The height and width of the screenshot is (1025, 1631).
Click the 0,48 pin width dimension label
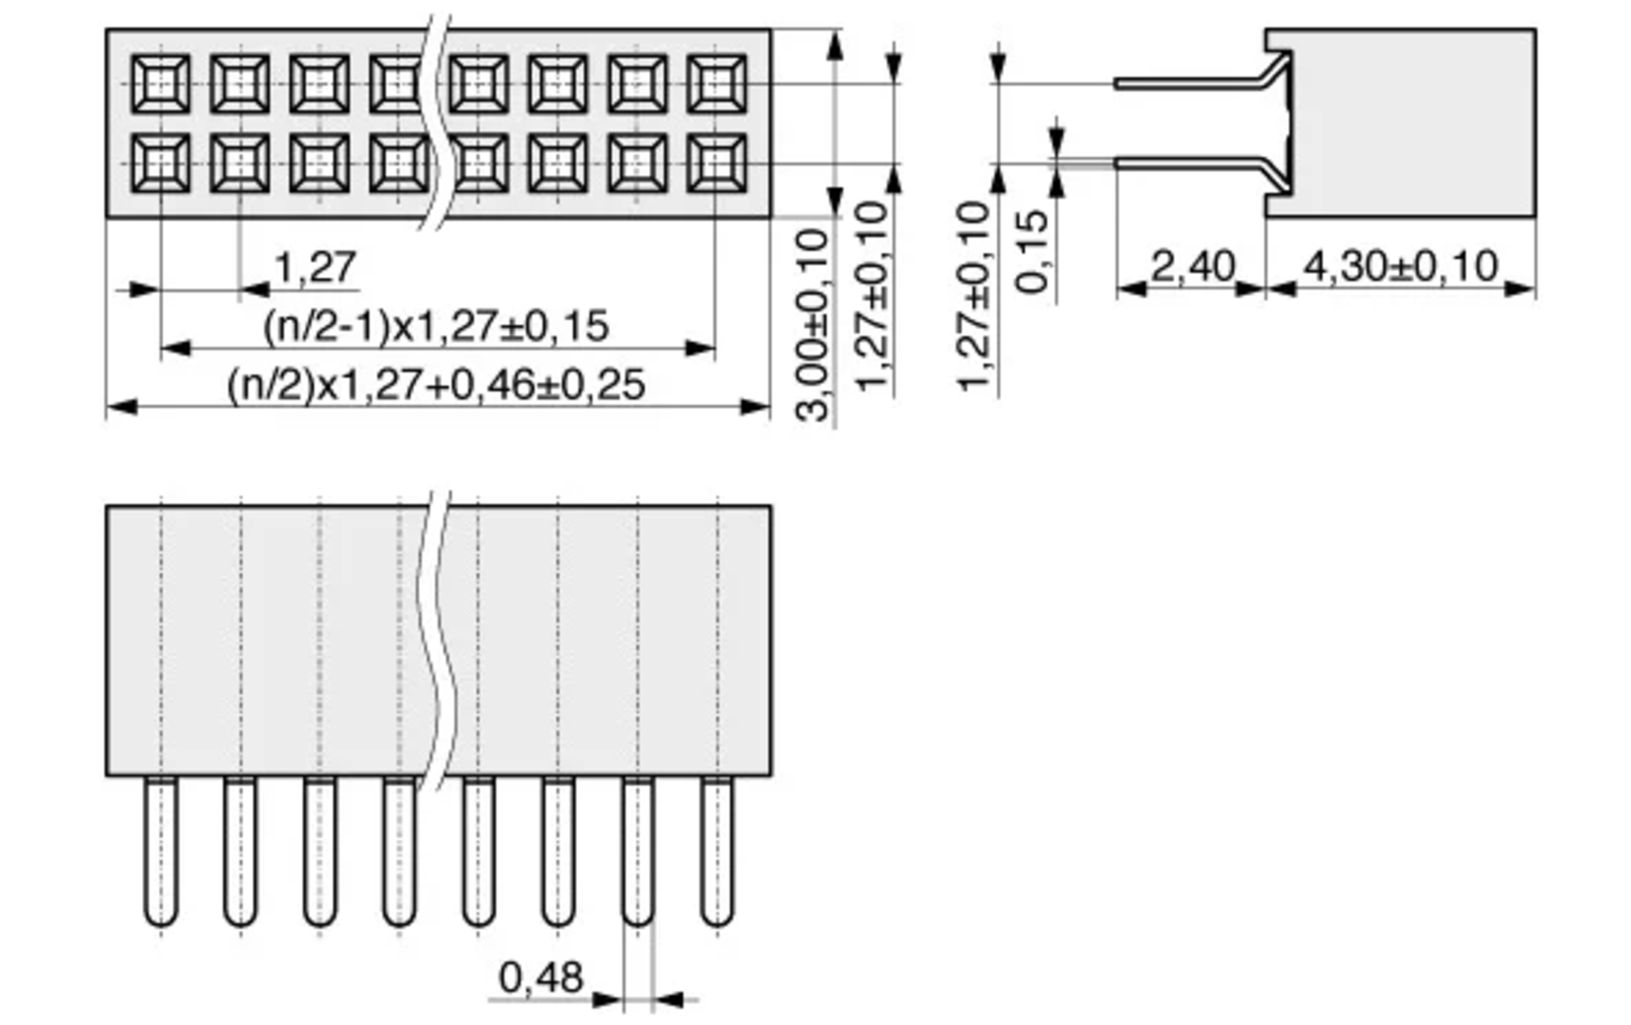point(541,977)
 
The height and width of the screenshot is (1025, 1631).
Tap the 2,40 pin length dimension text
point(1193,266)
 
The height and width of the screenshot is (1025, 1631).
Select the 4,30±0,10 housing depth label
point(1401,266)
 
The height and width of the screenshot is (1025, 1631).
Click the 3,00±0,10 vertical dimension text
point(812,326)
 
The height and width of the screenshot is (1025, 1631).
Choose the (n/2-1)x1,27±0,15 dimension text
point(436,326)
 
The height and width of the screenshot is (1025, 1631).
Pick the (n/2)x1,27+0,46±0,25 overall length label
point(436,385)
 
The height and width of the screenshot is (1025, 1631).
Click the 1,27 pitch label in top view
point(315,267)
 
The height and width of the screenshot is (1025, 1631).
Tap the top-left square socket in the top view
point(160,84)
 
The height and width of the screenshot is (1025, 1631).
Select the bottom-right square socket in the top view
point(717,163)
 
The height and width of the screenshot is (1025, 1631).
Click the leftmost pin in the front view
point(161,852)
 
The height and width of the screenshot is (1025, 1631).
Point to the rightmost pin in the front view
point(718,852)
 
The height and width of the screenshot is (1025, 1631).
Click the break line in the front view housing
point(435,640)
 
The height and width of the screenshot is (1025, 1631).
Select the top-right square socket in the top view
point(717,84)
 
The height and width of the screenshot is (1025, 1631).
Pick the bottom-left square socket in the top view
point(160,163)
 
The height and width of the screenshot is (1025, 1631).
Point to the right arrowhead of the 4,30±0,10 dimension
point(1520,290)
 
